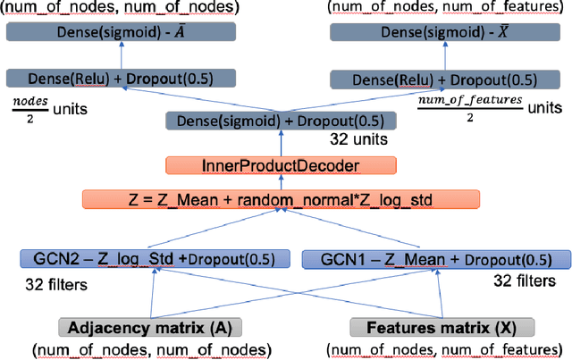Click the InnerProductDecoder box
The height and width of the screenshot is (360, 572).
tap(282, 165)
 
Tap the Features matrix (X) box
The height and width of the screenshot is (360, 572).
tap(441, 326)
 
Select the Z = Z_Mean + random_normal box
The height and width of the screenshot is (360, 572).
tap(282, 197)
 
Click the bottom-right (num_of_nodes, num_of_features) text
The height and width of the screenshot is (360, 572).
tap(439, 348)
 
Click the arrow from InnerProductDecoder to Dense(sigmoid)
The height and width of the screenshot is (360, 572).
tap(282, 144)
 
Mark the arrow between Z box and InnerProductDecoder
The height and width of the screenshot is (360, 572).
tap(282, 181)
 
